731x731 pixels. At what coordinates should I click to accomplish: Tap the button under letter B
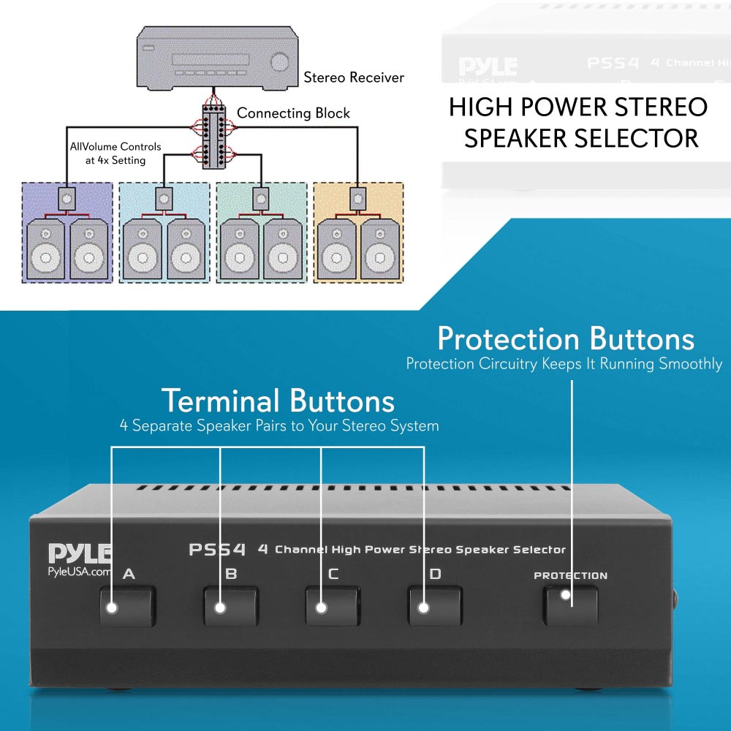tap(230, 605)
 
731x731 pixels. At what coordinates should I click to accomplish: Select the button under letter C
tap(333, 605)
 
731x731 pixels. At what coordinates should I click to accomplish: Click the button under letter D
tap(435, 605)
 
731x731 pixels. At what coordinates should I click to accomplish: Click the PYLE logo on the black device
tap(80, 553)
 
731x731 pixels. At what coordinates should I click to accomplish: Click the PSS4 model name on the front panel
tap(217, 549)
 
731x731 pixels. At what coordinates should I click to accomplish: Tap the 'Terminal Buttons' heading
tap(278, 401)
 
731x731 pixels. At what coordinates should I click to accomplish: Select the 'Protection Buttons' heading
tap(565, 340)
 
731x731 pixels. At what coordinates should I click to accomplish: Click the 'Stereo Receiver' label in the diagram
tap(354, 77)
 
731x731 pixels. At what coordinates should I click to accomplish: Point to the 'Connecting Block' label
tap(293, 113)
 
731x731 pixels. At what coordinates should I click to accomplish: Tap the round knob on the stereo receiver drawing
tap(279, 62)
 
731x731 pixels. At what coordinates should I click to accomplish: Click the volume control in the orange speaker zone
tap(357, 197)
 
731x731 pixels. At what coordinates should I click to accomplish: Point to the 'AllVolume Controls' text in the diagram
tap(115, 147)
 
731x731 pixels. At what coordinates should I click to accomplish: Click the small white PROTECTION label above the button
tap(570, 575)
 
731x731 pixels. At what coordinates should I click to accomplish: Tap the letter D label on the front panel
tap(435, 574)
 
